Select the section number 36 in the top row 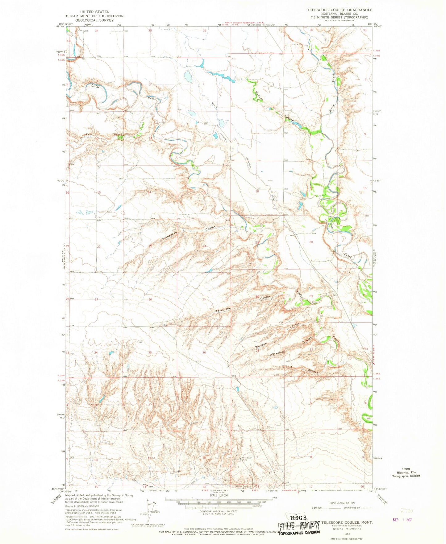(205, 31)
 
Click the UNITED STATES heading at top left (94, 12)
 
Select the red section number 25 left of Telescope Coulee (204, 299)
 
